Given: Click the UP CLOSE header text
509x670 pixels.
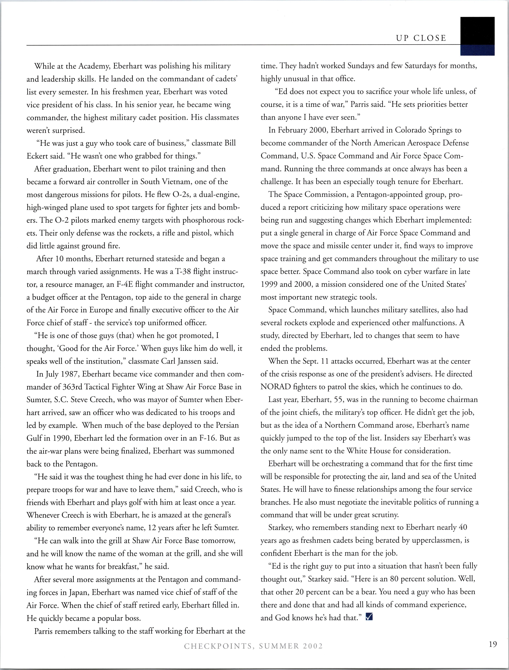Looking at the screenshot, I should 421,38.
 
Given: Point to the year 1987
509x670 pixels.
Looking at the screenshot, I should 70,374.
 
